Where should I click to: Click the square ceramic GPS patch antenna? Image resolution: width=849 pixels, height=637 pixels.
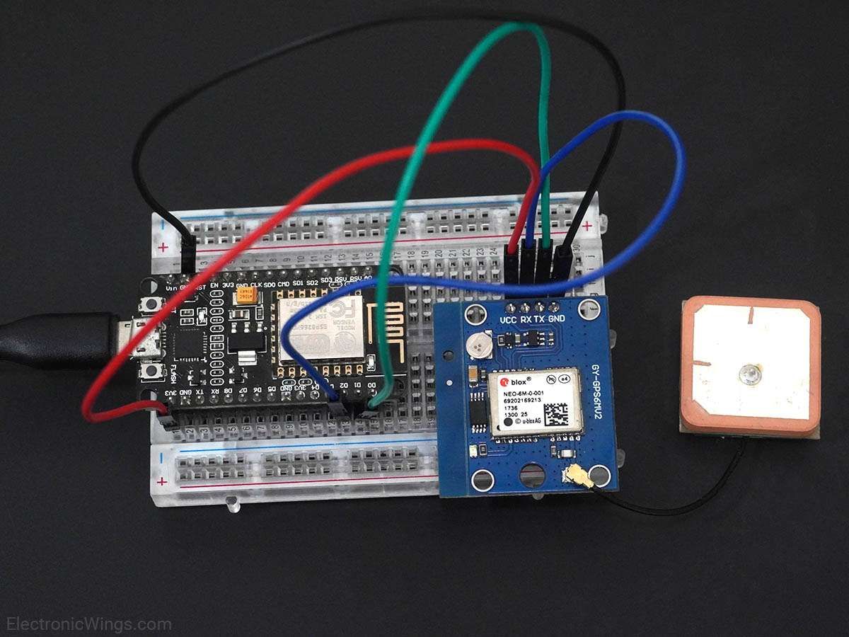point(751,366)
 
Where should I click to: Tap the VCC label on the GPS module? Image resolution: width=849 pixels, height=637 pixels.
point(508,319)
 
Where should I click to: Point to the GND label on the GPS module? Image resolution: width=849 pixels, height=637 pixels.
point(557,319)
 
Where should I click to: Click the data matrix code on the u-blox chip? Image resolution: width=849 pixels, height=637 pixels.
point(560,412)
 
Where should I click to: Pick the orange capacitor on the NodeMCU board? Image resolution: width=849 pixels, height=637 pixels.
point(246,294)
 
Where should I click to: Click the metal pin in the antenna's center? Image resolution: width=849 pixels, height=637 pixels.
point(749,374)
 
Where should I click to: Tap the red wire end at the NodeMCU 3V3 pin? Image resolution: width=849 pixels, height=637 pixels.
point(162,408)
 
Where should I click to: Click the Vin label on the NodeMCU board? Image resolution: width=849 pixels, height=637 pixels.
point(171,288)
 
